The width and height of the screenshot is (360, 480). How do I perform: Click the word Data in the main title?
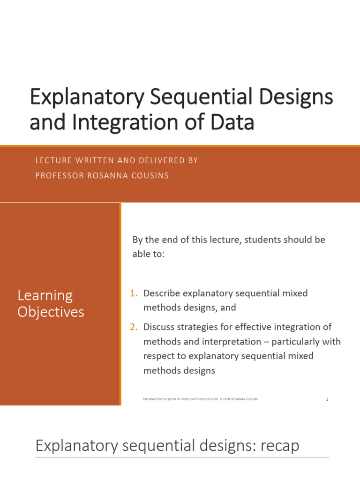pyautogui.click(x=232, y=122)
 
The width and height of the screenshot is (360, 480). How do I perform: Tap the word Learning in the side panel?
pyautogui.click(x=45, y=295)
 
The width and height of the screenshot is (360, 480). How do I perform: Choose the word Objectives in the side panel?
pyautogui.click(x=51, y=312)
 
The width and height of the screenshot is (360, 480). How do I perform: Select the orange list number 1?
pyautogui.click(x=134, y=293)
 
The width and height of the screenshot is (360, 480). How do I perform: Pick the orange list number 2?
pyautogui.click(x=134, y=327)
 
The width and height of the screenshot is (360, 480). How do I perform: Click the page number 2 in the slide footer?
pyautogui.click(x=327, y=399)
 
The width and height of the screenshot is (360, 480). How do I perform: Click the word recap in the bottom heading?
pyautogui.click(x=277, y=445)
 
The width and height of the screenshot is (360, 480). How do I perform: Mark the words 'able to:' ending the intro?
pyautogui.click(x=149, y=254)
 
